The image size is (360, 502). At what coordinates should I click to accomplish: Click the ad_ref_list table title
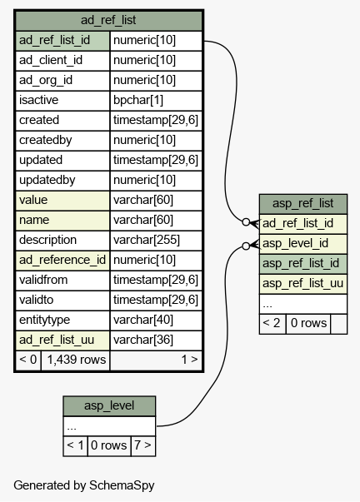pyautogui.click(x=108, y=20)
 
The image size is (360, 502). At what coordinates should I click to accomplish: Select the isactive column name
pyautogui.click(x=39, y=100)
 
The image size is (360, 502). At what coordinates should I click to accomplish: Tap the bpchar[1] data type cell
pyautogui.click(x=138, y=100)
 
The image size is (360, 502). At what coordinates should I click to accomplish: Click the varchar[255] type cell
pyautogui.click(x=147, y=240)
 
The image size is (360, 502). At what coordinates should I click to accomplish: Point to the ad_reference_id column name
pyautogui.click(x=62, y=260)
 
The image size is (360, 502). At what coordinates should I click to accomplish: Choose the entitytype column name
pyautogui.click(x=44, y=320)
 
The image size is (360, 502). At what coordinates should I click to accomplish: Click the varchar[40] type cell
pyautogui.click(x=143, y=320)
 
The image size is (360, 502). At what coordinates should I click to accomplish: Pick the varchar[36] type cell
pyautogui.click(x=143, y=340)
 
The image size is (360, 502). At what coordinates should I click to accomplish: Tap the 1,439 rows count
pyautogui.click(x=77, y=360)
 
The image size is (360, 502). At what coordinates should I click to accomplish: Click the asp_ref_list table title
pyautogui.click(x=303, y=203)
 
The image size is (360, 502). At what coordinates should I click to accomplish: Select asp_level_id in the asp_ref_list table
pyautogui.click(x=295, y=243)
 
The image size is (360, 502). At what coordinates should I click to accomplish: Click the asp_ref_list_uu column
pyautogui.click(x=303, y=283)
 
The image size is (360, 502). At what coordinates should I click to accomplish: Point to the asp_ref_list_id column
pyautogui.click(x=301, y=263)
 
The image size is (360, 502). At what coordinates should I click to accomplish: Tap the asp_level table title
pyautogui.click(x=109, y=405)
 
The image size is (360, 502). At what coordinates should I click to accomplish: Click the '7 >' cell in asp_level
pyautogui.click(x=142, y=445)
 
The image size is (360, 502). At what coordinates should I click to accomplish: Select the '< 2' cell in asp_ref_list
pyautogui.click(x=272, y=323)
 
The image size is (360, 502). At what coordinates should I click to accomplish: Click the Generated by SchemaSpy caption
pyautogui.click(x=84, y=485)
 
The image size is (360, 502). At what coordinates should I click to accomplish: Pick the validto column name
pyautogui.click(x=36, y=300)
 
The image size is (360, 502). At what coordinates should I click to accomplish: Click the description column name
pyautogui.click(x=47, y=240)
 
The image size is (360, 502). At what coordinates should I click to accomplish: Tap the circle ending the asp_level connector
pyautogui.click(x=246, y=246)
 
